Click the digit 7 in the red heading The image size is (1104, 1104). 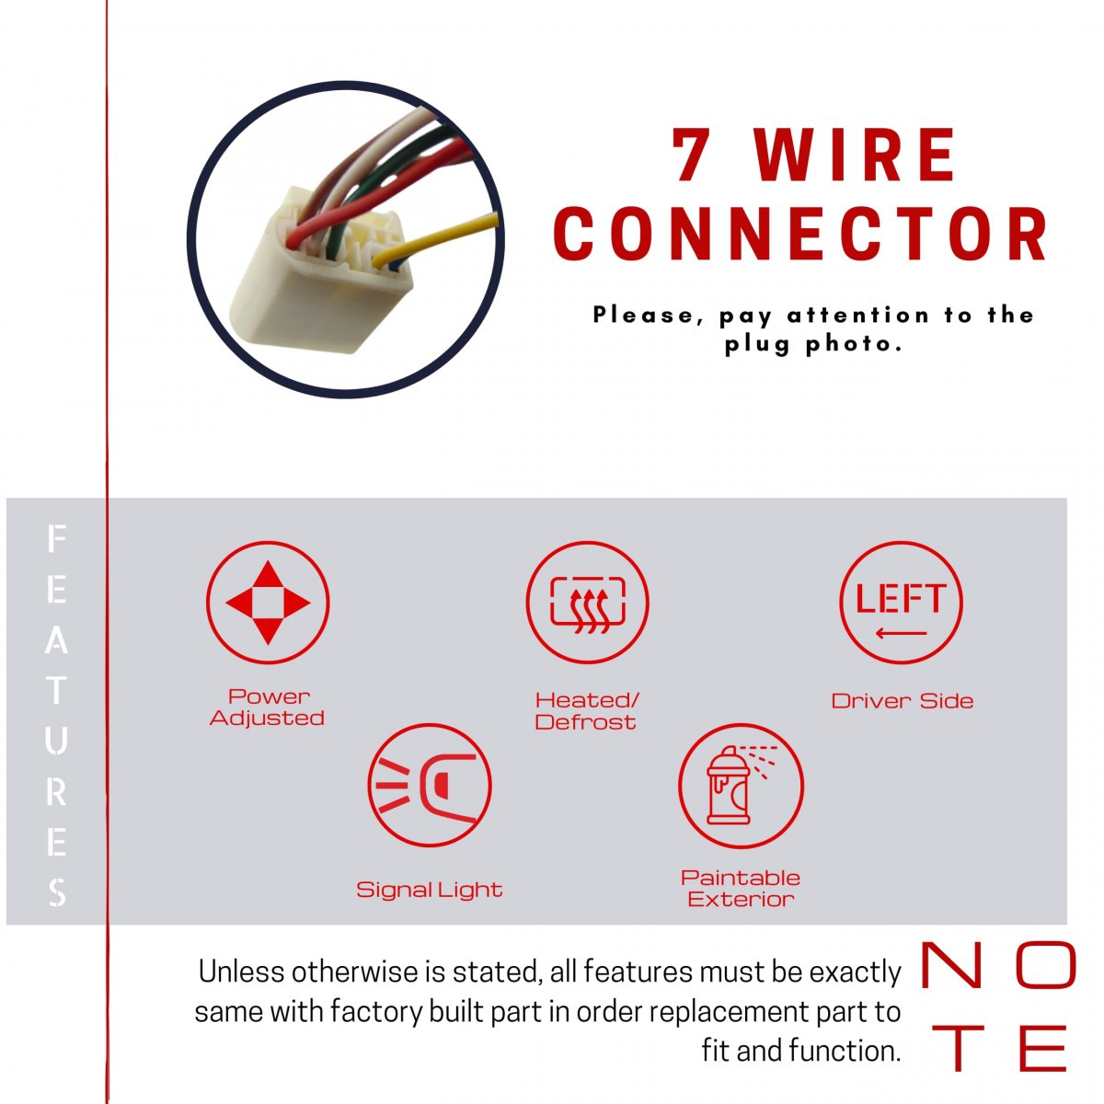pyautogui.click(x=692, y=155)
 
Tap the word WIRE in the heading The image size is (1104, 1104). pyautogui.click(x=856, y=155)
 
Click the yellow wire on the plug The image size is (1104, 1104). pyautogui.click(x=434, y=240)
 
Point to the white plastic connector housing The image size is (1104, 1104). pyautogui.click(x=321, y=275)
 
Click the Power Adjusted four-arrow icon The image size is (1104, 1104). pyautogui.click(x=268, y=603)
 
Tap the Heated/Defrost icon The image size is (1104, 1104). pyautogui.click(x=587, y=603)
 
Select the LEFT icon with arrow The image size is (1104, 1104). pyautogui.click(x=902, y=603)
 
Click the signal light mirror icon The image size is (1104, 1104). pyautogui.click(x=430, y=785)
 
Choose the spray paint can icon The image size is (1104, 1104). pyautogui.click(x=741, y=785)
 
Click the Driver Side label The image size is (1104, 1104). pyautogui.click(x=903, y=701)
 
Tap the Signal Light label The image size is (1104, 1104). pyautogui.click(x=429, y=890)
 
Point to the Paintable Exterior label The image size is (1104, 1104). pyautogui.click(x=741, y=889)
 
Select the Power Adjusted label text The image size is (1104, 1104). pyautogui.click(x=267, y=707)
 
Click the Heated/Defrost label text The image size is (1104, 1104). pyautogui.click(x=586, y=711)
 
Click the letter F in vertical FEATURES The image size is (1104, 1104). pyautogui.click(x=56, y=539)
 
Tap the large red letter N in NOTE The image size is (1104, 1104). pyautogui.click(x=951, y=966)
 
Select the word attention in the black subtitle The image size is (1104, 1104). pyautogui.click(x=857, y=315)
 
